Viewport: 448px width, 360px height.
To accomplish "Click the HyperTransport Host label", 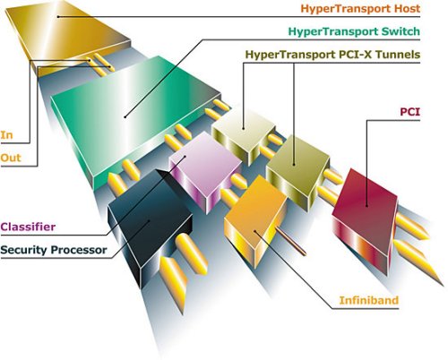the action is [360, 8].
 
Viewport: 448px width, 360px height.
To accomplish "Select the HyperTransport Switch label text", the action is [354, 31].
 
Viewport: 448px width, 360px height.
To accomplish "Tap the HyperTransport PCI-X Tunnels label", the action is [332, 55].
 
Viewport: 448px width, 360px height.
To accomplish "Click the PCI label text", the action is [410, 112].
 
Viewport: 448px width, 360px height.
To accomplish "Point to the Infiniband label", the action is [369, 300].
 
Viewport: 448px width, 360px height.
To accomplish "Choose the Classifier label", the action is [28, 227].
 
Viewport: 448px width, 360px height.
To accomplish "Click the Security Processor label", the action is [54, 250].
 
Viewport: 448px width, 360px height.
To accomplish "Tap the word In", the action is [6, 135].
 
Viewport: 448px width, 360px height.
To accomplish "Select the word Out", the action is [11, 158].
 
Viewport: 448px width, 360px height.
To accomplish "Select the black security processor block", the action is [150, 227].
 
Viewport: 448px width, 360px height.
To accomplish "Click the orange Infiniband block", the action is [255, 215].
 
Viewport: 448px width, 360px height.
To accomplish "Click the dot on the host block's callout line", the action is [58, 16].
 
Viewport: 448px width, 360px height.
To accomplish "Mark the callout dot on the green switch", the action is [125, 116].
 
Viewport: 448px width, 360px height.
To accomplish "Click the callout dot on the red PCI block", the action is [366, 206].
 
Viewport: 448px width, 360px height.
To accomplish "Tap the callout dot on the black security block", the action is [149, 221].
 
